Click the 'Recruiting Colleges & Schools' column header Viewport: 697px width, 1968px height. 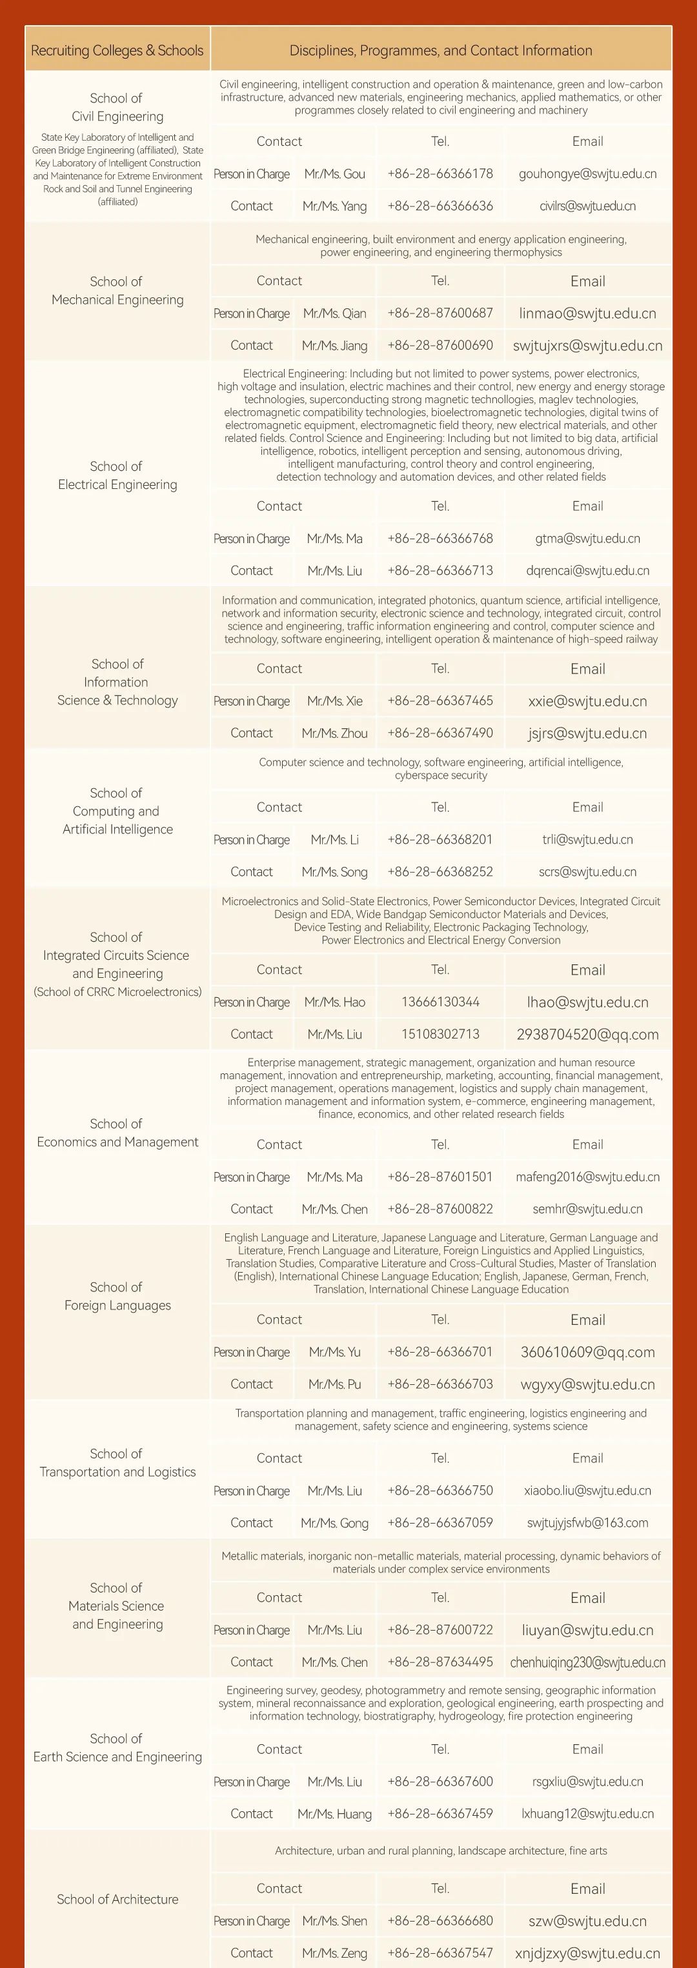click(x=117, y=50)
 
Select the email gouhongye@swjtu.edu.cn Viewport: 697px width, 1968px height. click(x=588, y=174)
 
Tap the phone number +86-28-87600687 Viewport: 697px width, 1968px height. click(x=440, y=313)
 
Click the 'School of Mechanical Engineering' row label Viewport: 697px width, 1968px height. click(x=117, y=290)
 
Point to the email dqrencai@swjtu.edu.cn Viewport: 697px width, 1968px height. click(x=588, y=571)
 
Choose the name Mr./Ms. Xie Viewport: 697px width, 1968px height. click(x=335, y=701)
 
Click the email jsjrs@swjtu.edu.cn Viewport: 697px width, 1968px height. click(x=588, y=733)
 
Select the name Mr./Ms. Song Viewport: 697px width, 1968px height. click(x=335, y=871)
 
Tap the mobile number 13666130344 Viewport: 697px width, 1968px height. click(x=440, y=1002)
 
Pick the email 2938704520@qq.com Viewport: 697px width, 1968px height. click(x=588, y=1035)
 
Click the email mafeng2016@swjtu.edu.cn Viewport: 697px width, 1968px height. click(x=588, y=1177)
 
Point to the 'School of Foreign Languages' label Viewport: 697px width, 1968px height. click(x=117, y=1296)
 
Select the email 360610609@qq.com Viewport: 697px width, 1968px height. click(x=588, y=1351)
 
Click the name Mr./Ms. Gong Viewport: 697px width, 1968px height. click(x=335, y=1522)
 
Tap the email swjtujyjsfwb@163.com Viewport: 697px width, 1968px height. click(x=588, y=1522)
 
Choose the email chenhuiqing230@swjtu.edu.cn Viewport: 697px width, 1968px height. click(x=588, y=1662)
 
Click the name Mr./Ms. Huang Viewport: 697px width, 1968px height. click(x=335, y=1814)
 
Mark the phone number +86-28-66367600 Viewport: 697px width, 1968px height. click(x=440, y=1782)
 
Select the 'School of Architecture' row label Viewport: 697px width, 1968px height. click(x=117, y=1898)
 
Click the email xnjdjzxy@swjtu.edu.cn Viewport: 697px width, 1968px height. click(x=588, y=1953)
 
